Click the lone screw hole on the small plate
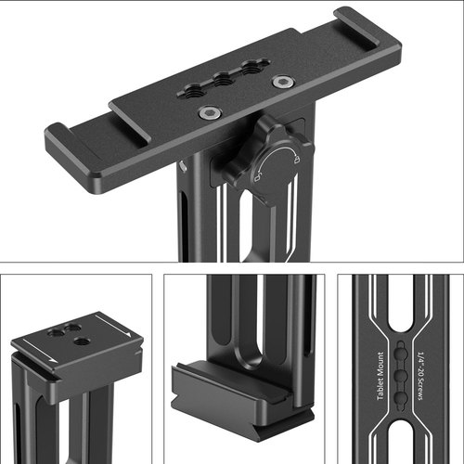click(82, 342)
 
